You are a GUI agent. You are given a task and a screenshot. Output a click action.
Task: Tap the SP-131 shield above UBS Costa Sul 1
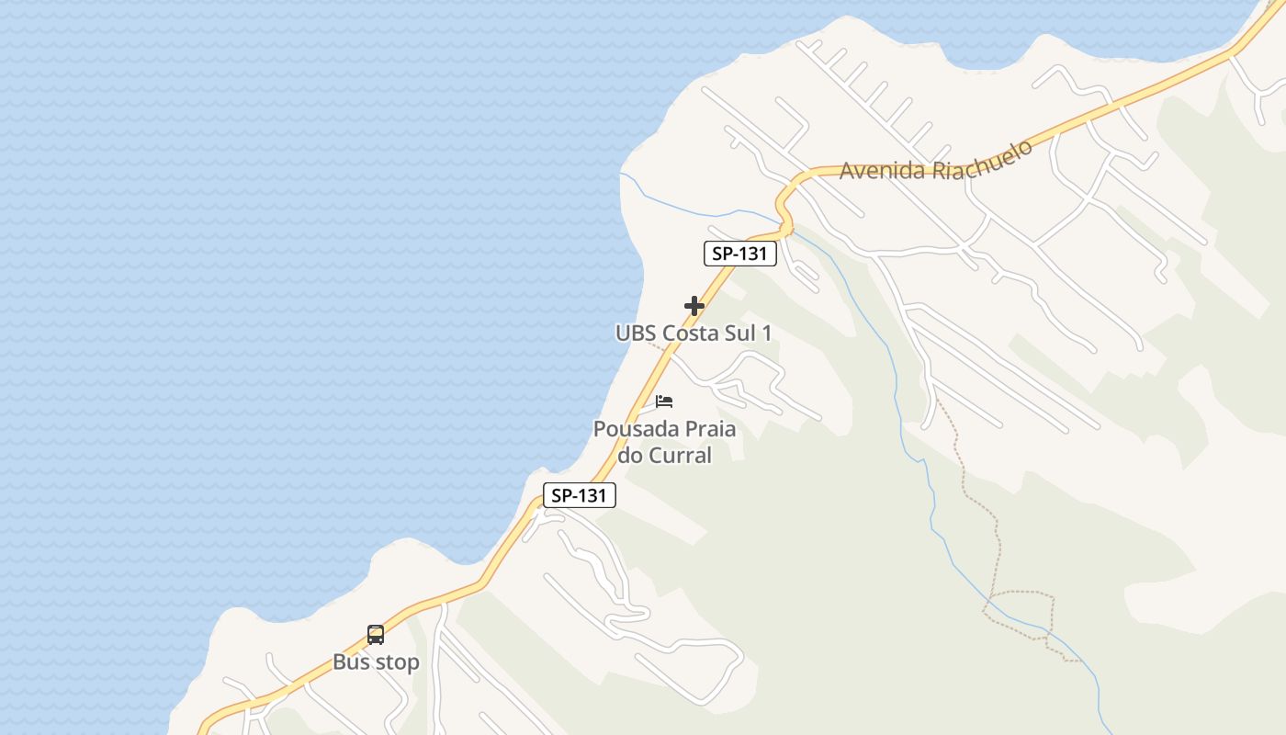(x=740, y=254)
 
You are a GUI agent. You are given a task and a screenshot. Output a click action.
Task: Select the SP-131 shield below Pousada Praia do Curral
(x=579, y=495)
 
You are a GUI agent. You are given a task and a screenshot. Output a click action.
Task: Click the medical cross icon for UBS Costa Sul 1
(x=694, y=306)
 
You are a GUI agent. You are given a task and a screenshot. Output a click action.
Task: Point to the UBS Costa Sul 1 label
(x=694, y=333)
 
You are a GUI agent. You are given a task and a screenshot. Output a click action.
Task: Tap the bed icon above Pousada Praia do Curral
(x=664, y=401)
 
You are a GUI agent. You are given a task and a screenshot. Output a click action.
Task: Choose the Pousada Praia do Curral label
(x=664, y=441)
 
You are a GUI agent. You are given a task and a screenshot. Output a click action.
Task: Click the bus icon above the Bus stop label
(x=376, y=634)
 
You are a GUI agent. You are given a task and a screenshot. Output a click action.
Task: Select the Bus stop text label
(x=376, y=661)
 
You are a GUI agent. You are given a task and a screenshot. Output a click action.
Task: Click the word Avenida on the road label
(x=882, y=170)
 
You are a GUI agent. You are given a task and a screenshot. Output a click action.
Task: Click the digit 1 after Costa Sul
(x=766, y=333)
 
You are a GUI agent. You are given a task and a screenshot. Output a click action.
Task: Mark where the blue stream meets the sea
(x=621, y=173)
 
